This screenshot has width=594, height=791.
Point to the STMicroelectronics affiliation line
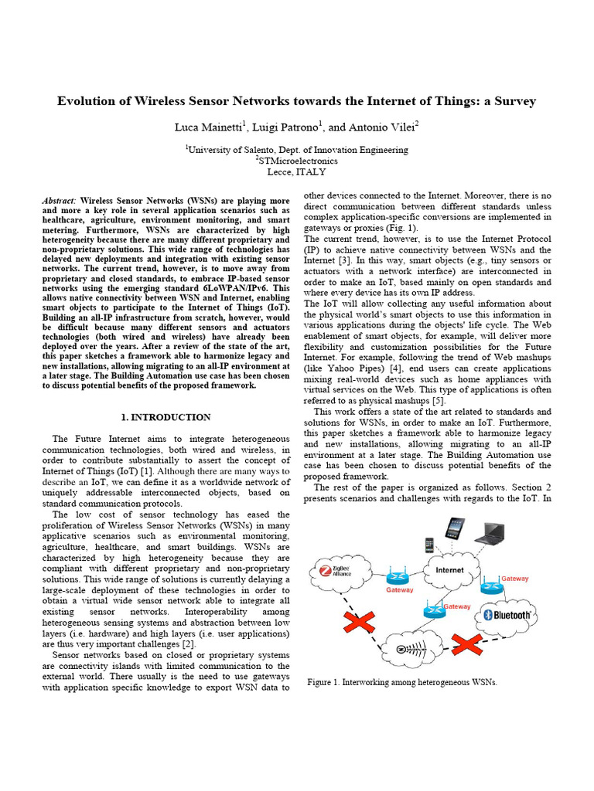tap(296, 161)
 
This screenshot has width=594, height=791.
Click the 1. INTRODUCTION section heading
tap(166, 418)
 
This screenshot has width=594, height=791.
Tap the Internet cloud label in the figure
tap(450, 571)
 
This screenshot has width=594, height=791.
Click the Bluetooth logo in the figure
tap(507, 615)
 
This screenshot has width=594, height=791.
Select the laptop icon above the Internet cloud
tap(490, 532)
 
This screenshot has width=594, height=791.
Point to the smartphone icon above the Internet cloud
tap(428, 545)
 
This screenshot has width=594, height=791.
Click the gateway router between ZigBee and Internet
tap(400, 576)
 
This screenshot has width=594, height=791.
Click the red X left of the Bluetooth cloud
tap(466, 643)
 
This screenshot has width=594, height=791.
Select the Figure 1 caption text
tap(401, 683)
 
